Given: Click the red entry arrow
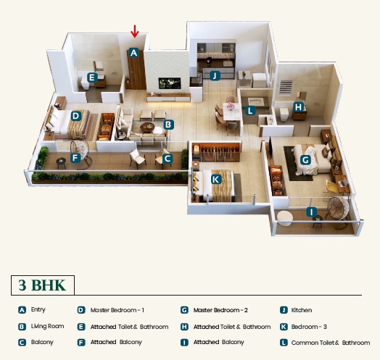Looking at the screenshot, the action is click(134, 31).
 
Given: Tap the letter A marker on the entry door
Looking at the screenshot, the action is click(133, 53).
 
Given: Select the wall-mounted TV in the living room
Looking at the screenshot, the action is click(170, 83).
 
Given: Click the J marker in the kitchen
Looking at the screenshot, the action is click(215, 75).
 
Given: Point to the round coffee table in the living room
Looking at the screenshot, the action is click(147, 127).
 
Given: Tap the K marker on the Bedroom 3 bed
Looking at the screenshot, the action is click(215, 180).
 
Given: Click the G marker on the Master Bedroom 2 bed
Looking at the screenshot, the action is click(305, 160).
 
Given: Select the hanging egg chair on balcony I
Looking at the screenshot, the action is click(339, 209).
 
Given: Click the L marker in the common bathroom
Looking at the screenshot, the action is click(250, 111).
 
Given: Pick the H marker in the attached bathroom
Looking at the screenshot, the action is click(299, 106).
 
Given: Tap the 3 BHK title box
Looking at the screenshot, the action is click(43, 285).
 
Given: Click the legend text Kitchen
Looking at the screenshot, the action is click(302, 310).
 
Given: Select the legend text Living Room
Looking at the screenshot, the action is click(48, 327).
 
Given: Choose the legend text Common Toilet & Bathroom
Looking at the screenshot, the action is click(331, 343).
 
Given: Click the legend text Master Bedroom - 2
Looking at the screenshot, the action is click(220, 310).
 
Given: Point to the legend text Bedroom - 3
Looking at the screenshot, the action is click(309, 327).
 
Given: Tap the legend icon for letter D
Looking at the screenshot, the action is click(81, 310).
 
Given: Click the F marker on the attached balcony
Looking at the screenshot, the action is click(75, 158).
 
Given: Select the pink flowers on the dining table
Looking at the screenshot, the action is click(230, 106).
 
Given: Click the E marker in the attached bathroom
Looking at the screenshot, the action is click(92, 78).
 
